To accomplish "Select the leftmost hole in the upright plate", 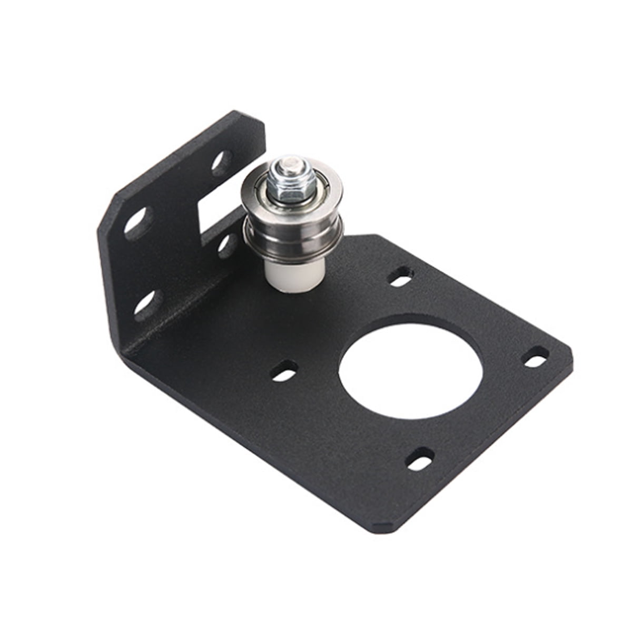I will (136, 221).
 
